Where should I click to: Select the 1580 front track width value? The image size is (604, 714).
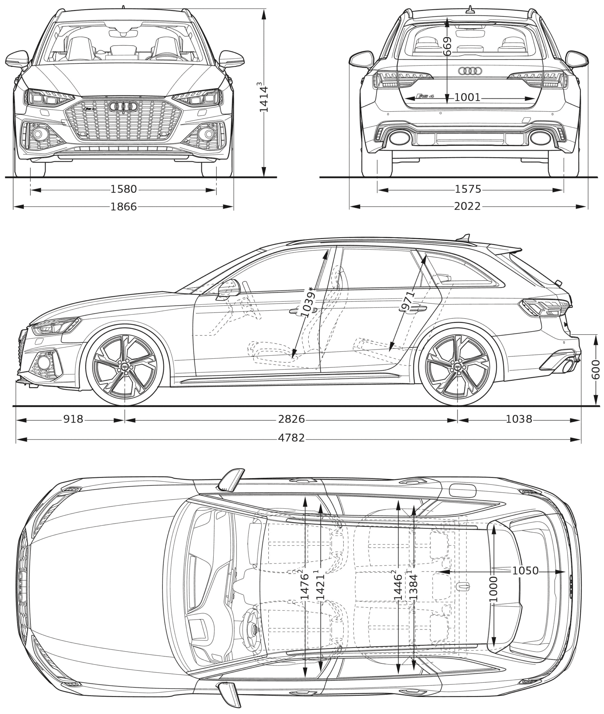[124, 190]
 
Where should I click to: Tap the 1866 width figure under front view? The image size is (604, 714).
[124, 207]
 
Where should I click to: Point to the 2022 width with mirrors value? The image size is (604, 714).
[467, 206]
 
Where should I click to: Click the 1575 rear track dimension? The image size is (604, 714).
[468, 190]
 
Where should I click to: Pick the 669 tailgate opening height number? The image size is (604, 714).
[447, 46]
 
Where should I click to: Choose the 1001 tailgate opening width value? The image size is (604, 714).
[467, 98]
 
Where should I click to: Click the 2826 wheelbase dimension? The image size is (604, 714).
[291, 419]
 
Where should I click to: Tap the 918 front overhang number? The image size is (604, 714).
[73, 419]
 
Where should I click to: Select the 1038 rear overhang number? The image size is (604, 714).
[519, 419]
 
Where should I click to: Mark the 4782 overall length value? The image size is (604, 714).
[291, 438]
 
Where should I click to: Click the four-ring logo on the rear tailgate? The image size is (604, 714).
[470, 71]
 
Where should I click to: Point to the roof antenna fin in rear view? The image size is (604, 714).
[470, 9]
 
